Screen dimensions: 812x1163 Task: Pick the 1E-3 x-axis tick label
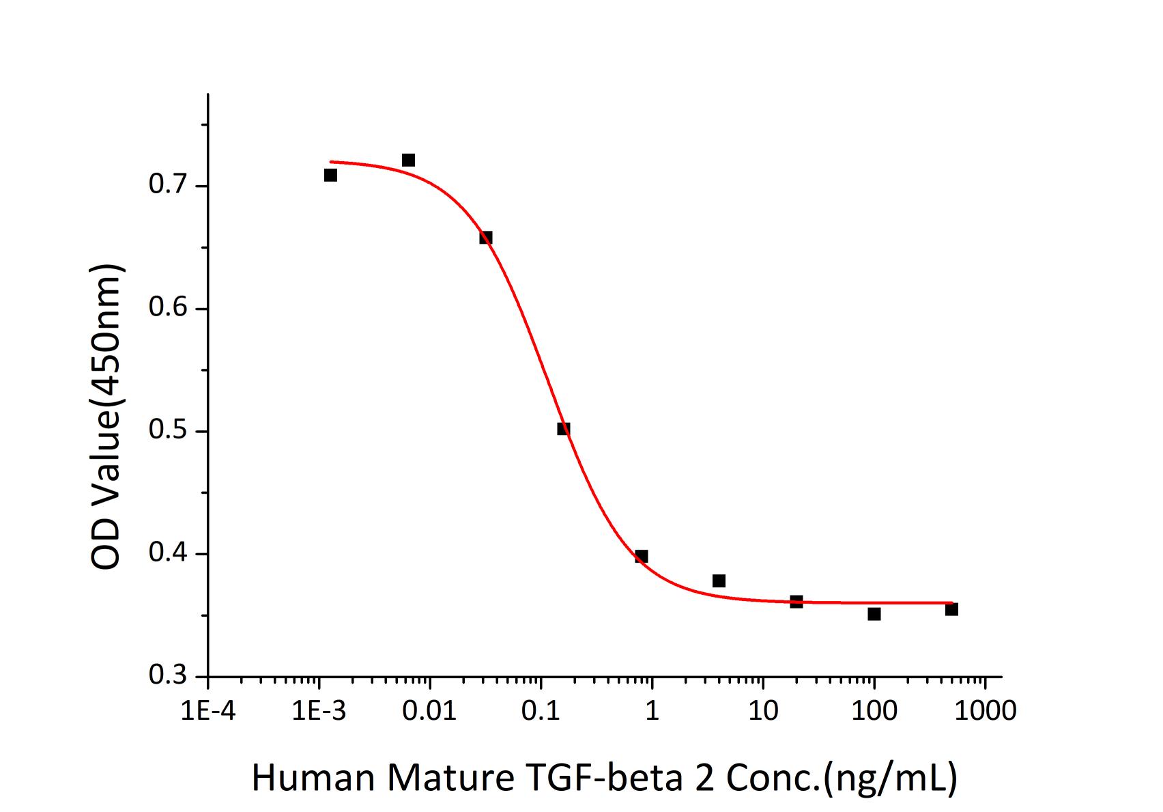[x=318, y=711]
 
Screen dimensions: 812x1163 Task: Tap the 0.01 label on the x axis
[x=429, y=711]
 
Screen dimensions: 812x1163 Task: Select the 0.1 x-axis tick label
[x=541, y=711]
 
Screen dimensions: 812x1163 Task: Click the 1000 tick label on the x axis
[x=985, y=711]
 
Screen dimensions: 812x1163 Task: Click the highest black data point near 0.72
[x=408, y=160]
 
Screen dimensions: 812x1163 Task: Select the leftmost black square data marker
[x=330, y=176]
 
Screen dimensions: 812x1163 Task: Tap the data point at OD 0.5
[x=563, y=429]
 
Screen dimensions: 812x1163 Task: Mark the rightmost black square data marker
[x=951, y=609]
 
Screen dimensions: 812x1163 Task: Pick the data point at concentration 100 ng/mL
[x=874, y=614]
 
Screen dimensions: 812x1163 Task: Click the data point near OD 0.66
[x=486, y=238]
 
